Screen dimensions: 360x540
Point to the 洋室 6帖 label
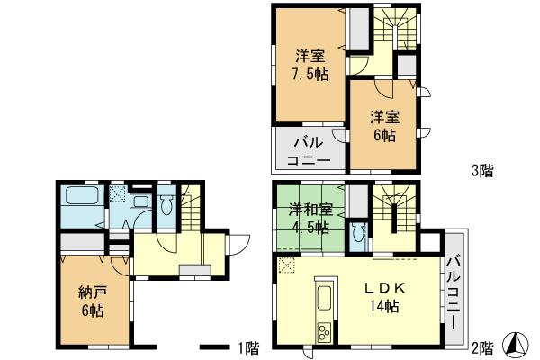coord(383,125)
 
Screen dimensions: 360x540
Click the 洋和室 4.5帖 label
coord(310,219)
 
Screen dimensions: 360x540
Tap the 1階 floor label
coord(247,347)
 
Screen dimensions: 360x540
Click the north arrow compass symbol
coord(519,344)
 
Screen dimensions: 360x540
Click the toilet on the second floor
coord(360,234)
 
